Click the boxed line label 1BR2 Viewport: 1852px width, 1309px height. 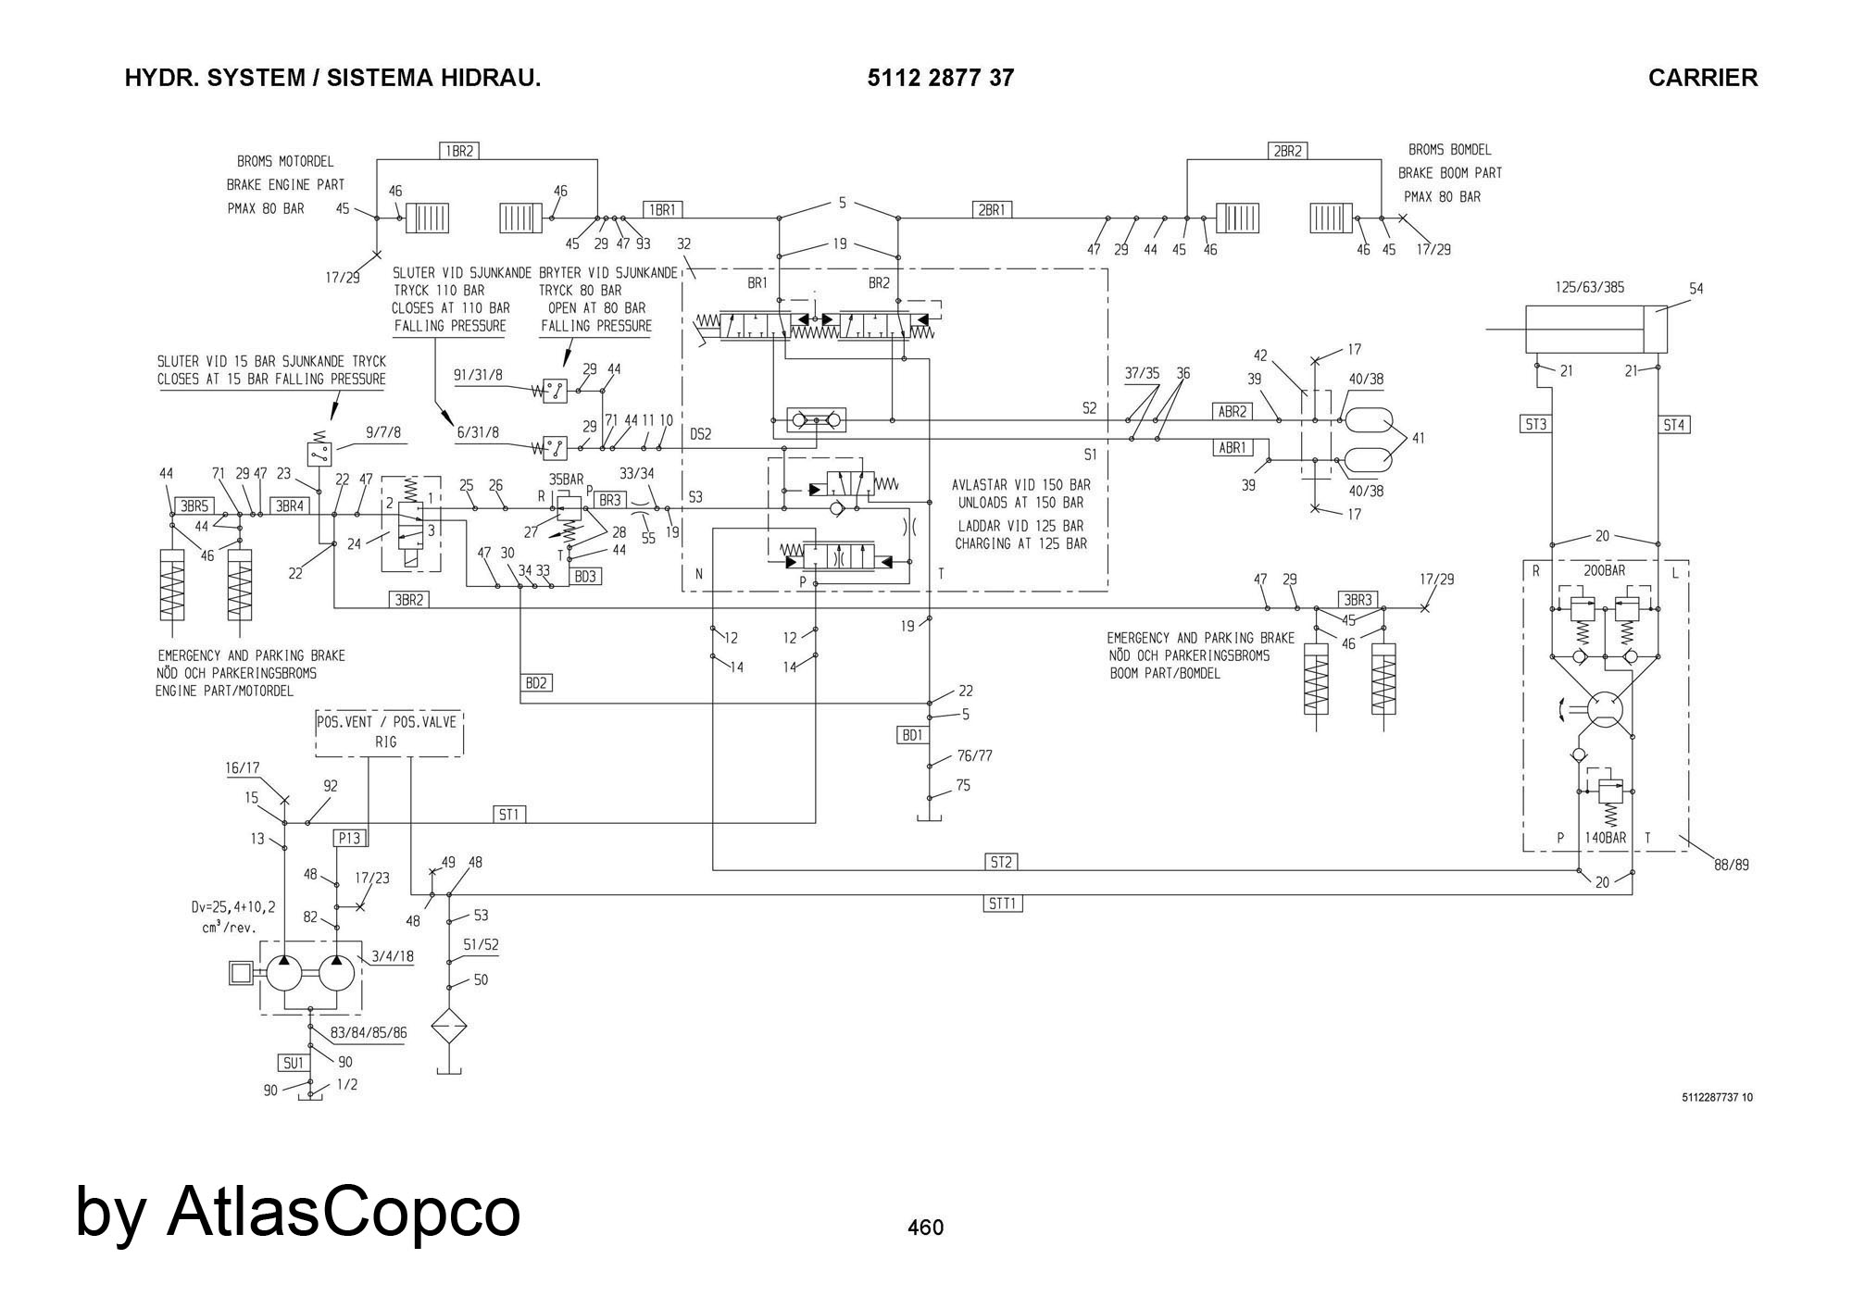pos(459,150)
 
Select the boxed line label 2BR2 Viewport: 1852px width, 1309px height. pos(1287,150)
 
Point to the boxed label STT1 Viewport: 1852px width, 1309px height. pos(1003,903)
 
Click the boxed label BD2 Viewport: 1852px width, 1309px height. pos(537,683)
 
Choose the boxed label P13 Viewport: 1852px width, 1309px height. pos(349,839)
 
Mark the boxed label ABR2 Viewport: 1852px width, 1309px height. pos(1233,411)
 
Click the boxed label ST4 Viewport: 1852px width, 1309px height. pos(1674,425)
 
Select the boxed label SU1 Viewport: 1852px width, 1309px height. pos(294,1063)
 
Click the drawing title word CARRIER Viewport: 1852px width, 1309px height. pos(1702,78)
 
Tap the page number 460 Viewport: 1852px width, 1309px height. pos(925,1228)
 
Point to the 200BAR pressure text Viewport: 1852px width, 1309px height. pos(1603,570)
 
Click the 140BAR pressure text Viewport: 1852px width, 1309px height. pos(1605,838)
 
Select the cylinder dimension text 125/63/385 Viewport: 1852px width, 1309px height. pos(1589,287)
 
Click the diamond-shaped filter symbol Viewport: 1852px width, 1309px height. pos(449,1028)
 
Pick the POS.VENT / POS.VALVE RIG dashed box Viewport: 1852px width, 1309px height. pos(388,733)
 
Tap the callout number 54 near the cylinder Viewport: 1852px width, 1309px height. pos(1696,289)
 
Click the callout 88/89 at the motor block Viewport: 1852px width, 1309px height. pos(1731,866)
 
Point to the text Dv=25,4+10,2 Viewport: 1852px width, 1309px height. pos(232,908)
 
